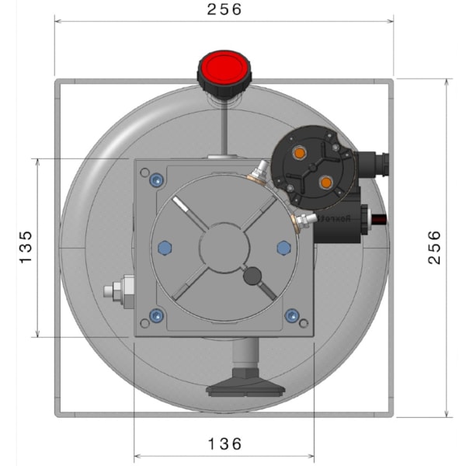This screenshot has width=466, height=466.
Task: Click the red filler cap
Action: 224,71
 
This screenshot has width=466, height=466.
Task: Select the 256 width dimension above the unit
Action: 225,10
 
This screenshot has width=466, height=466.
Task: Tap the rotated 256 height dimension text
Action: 435,247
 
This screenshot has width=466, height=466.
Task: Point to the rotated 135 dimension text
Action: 26,247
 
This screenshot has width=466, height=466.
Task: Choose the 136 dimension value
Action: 224,443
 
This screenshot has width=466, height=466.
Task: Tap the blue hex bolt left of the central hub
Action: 164,248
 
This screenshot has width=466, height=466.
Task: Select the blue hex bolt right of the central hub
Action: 283,248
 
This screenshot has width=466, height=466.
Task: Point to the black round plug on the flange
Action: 252,276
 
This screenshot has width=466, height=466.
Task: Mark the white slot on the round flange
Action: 185,208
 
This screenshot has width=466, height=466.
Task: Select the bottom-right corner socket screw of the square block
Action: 291,315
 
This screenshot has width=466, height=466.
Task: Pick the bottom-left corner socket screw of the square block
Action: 157,315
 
